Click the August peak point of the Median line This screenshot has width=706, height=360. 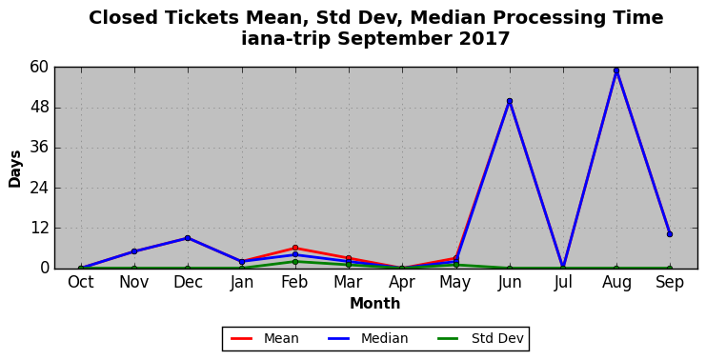click(616, 70)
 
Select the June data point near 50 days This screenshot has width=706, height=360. click(509, 101)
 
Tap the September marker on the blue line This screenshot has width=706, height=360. click(670, 234)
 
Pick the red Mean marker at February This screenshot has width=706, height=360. click(295, 248)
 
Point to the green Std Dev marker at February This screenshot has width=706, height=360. click(295, 262)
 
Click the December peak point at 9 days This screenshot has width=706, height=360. click(188, 238)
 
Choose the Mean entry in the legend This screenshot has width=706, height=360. click(264, 338)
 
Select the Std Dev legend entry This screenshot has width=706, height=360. click(481, 338)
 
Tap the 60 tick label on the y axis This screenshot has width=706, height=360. click(39, 68)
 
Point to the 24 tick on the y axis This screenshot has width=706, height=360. click(39, 188)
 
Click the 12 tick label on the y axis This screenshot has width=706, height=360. click(39, 229)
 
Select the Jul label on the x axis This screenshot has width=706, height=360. click(563, 283)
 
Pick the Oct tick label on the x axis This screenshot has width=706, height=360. click(81, 283)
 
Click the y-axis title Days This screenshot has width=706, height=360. click(15, 169)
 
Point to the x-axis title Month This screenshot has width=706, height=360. click(375, 303)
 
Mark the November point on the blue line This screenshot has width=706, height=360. click(134, 251)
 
